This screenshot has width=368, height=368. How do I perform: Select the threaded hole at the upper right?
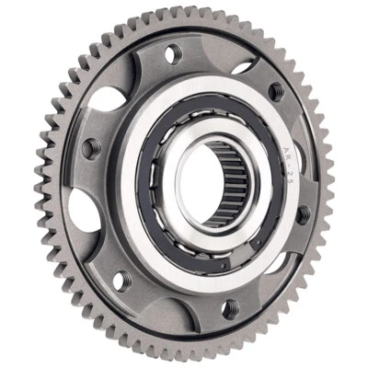click(274, 89)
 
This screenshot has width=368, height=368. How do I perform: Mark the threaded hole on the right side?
click(303, 213)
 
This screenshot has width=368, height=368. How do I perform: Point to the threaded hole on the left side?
click(89, 147)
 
